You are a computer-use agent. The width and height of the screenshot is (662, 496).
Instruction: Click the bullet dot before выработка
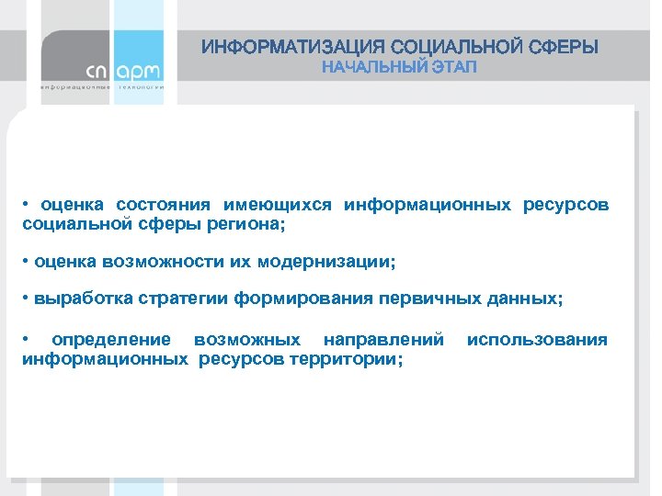26,299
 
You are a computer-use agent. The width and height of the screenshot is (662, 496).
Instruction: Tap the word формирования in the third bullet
294,299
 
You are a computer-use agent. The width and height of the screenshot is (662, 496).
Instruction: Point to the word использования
537,340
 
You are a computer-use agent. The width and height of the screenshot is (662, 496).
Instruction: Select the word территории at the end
345,358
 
